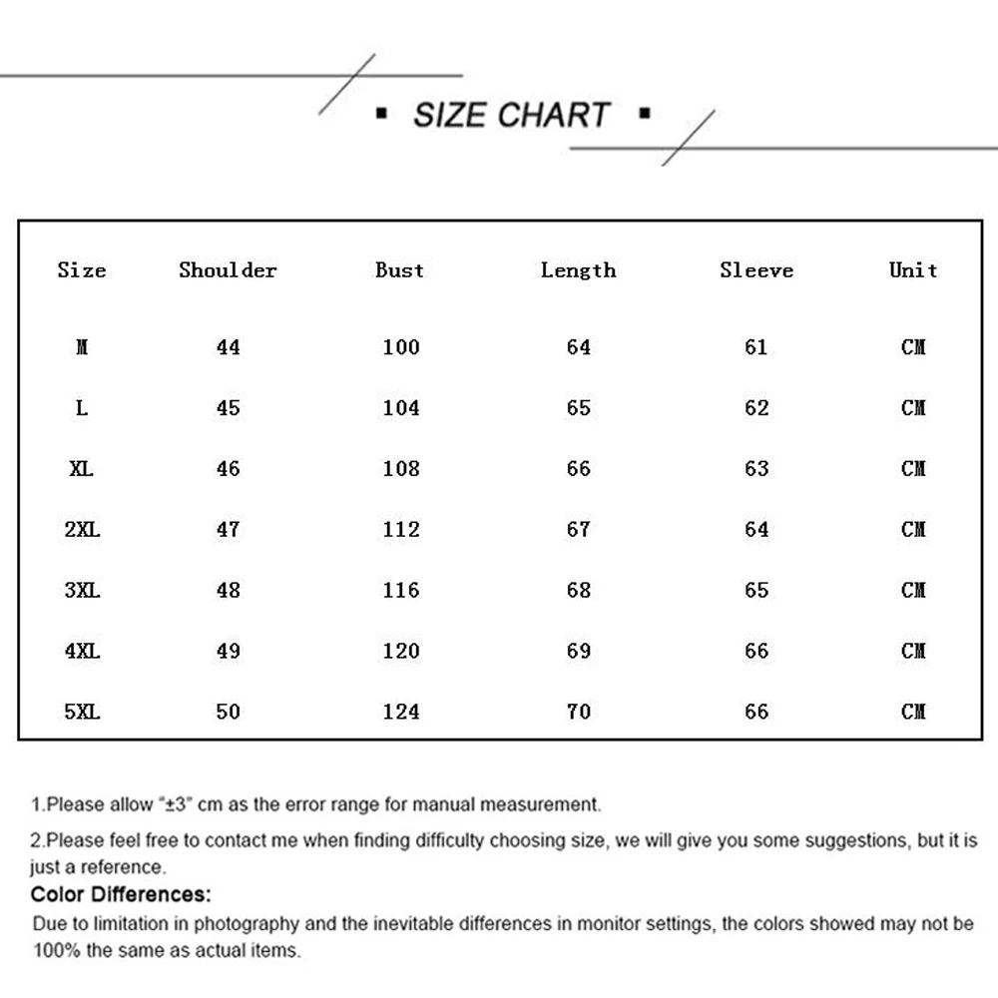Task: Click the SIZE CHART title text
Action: pos(511,115)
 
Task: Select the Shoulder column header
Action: pos(228,270)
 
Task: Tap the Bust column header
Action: pos(399,270)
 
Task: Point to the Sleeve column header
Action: pos(756,270)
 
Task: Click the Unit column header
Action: pos(913,270)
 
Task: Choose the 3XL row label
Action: pos(82,590)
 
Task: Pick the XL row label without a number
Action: pos(82,468)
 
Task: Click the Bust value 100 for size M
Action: pos(401,347)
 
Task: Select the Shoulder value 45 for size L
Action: pos(229,408)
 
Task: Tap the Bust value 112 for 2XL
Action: pos(401,529)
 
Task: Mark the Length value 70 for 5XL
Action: pos(579,712)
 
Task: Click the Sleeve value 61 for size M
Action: pos(756,347)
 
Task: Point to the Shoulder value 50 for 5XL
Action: pos(229,712)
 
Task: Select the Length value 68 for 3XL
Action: pos(579,590)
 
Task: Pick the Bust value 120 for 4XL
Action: pos(401,651)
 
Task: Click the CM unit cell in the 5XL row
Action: pos(913,712)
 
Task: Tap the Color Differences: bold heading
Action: pos(121,894)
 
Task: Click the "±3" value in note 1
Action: pos(176,804)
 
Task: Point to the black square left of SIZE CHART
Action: pos(381,114)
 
